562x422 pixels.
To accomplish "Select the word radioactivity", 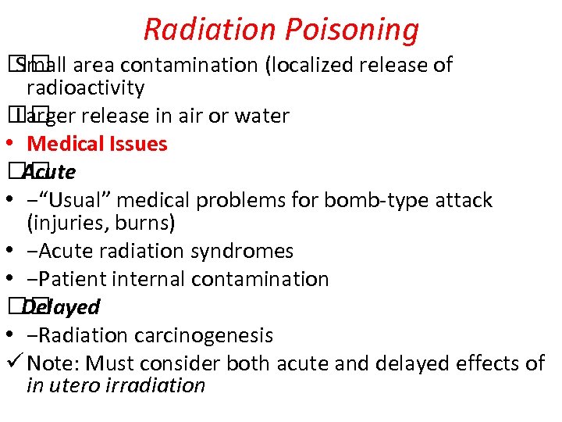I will [86, 88].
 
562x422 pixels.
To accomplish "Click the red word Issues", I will [140, 144].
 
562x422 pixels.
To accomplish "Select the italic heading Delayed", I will [61, 307].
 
